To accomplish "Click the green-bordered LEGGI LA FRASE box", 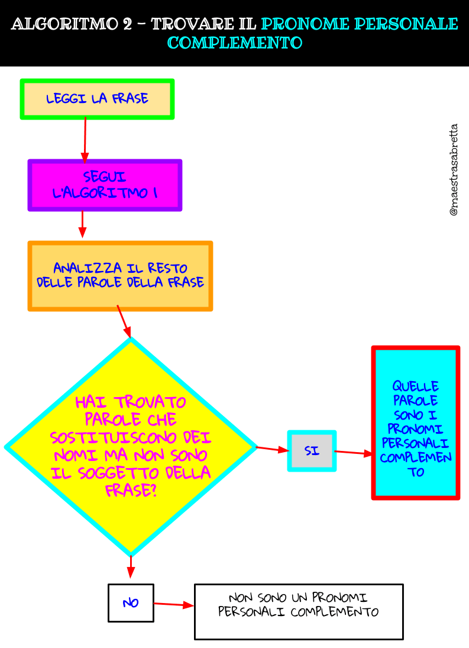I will (97, 99).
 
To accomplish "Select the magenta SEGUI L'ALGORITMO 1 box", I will (105, 185).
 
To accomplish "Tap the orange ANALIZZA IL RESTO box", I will (120, 276).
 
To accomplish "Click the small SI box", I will (312, 451).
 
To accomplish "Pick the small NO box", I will (131, 603).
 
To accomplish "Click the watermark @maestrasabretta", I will (454, 170).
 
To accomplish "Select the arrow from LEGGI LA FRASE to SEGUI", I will (85, 140).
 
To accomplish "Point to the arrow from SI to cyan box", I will (354, 453).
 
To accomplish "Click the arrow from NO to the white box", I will (174, 604).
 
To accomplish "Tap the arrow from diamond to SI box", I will (272, 449).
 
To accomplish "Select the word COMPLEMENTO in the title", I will (235, 43).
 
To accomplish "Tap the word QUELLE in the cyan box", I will (415, 387).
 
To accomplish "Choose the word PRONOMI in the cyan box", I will (416, 429).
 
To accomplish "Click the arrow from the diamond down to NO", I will (131, 566).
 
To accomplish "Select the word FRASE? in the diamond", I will (131, 491).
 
